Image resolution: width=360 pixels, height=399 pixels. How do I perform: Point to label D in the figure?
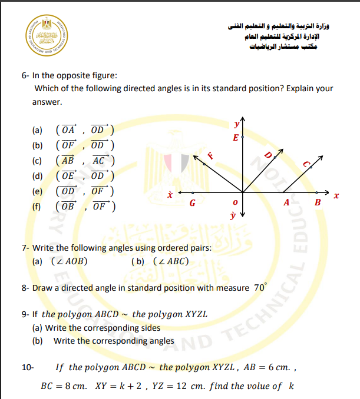coord(267,155)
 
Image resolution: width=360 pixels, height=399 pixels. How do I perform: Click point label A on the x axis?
coord(287,203)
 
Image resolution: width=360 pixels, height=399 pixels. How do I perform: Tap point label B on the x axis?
coord(318,203)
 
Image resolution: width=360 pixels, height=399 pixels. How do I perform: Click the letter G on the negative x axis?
coord(192,203)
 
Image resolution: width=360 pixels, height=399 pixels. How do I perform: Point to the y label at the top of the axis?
coord(236,124)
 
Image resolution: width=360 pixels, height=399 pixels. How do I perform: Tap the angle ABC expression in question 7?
coord(170,261)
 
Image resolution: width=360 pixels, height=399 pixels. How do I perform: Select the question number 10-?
coord(28,368)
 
